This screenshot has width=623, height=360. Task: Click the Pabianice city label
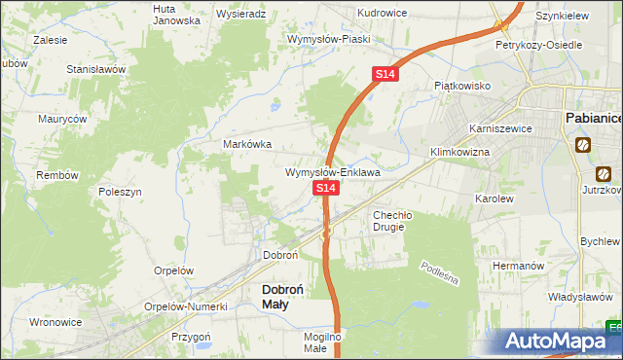point(593,118)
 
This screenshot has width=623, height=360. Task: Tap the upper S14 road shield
point(385,74)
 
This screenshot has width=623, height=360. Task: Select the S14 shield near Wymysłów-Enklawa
point(326,187)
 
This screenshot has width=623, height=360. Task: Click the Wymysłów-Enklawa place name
point(332,172)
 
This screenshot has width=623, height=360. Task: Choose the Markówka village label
point(247,144)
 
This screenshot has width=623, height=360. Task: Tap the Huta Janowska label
point(177,14)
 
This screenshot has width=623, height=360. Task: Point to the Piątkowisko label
point(461,86)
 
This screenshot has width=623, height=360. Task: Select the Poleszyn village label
point(121,192)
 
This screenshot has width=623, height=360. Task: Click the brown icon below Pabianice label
point(582,146)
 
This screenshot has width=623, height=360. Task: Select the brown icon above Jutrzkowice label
point(604,175)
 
